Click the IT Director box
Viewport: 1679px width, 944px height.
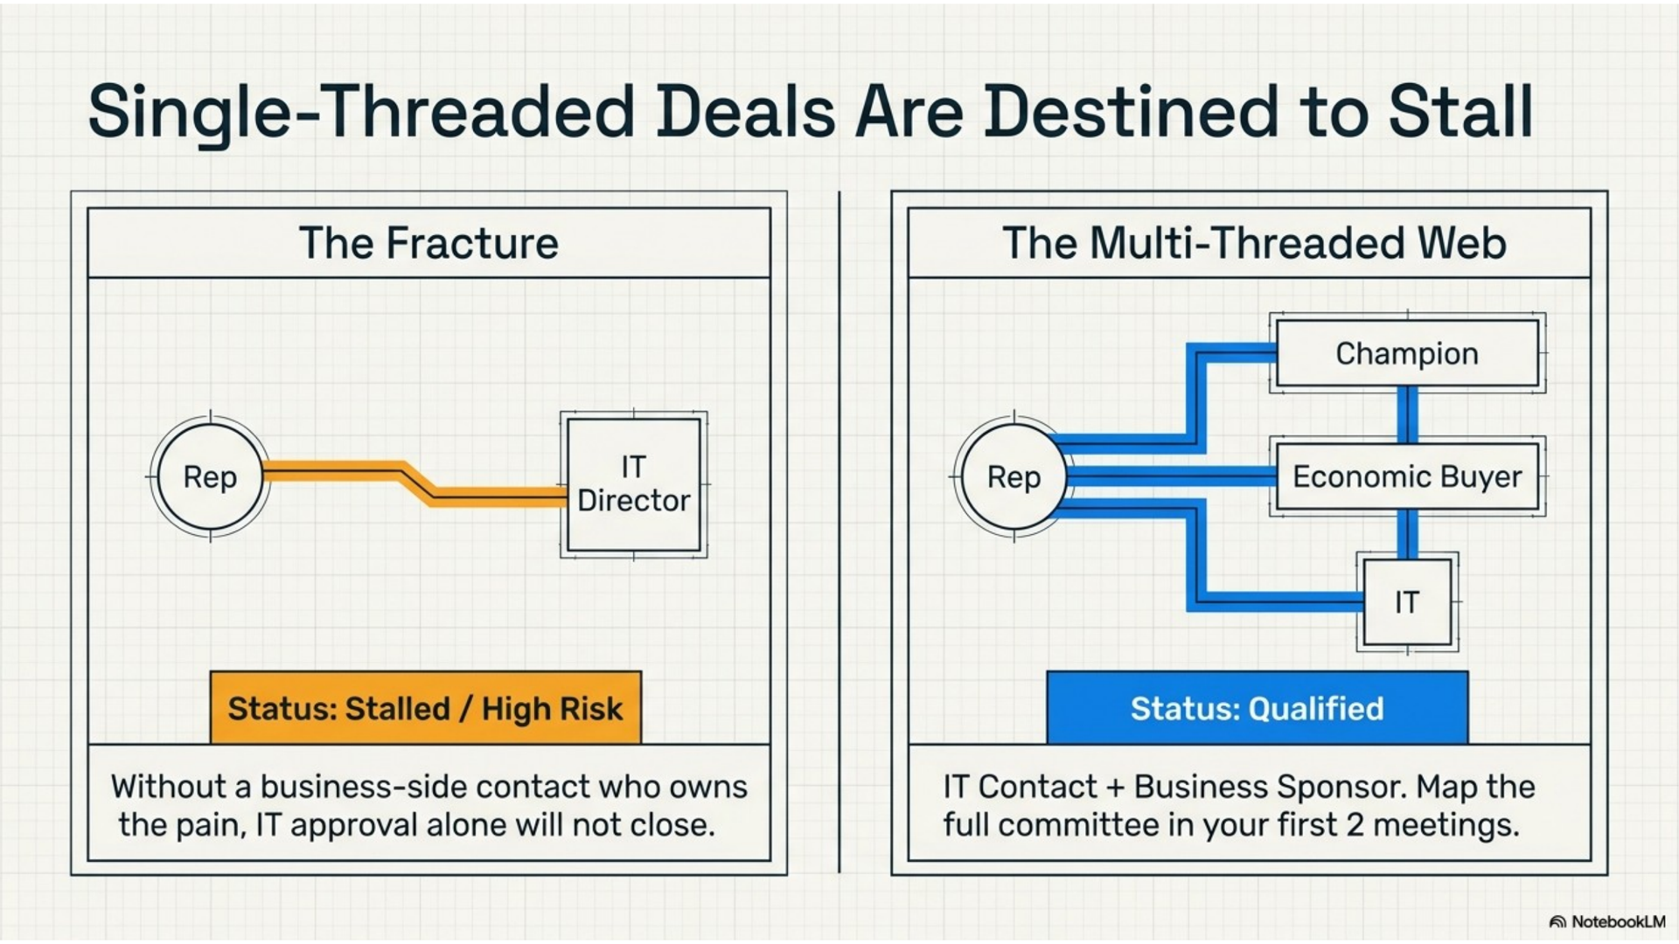coord(634,484)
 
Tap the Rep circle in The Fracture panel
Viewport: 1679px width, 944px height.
coord(210,477)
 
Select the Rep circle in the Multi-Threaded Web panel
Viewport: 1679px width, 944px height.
coord(1014,477)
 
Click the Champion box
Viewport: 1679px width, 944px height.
coord(1407,353)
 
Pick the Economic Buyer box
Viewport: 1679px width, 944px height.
coord(1407,477)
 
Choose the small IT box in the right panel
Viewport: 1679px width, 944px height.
coord(1407,602)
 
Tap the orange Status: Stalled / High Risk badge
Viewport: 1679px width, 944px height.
coord(426,708)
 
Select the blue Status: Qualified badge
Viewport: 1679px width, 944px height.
coord(1258,708)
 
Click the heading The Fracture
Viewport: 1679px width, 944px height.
coord(428,243)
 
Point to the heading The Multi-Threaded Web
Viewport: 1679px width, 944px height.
coord(1254,243)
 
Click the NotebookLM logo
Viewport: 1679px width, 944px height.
coord(1607,922)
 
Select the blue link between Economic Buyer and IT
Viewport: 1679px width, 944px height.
coord(1407,535)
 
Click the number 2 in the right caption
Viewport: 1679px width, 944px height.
coord(1355,825)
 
